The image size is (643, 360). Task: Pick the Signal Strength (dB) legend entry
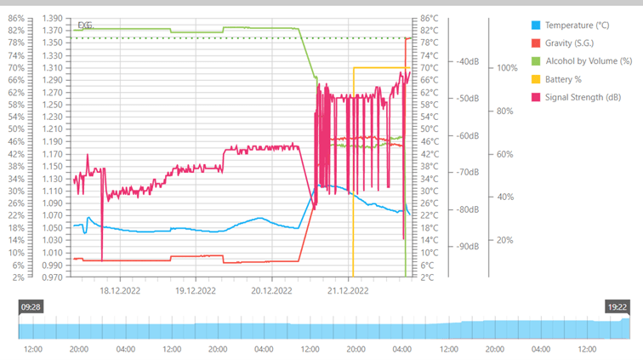click(x=583, y=97)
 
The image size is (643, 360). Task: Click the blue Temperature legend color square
click(x=535, y=26)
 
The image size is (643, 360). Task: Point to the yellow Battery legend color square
click(x=535, y=79)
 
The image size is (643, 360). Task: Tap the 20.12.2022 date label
click(x=272, y=289)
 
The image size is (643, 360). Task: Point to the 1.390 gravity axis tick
click(x=53, y=18)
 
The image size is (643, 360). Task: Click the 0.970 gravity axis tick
click(x=53, y=277)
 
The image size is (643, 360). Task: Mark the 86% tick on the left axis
click(x=16, y=18)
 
